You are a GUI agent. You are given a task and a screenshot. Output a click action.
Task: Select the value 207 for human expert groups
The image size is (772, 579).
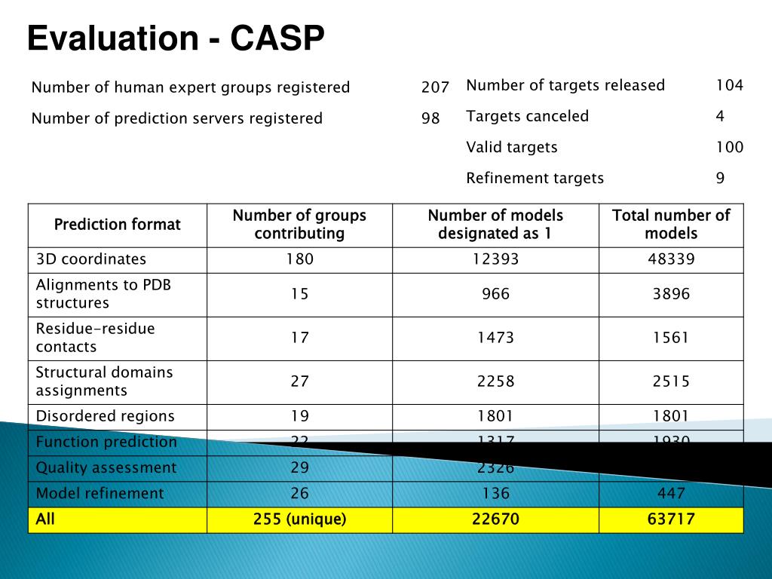click(435, 87)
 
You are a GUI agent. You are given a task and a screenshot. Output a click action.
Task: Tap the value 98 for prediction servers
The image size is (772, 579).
click(430, 118)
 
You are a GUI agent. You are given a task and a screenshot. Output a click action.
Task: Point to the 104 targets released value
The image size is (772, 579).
click(729, 85)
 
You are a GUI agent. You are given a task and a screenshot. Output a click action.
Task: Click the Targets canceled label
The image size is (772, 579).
click(527, 116)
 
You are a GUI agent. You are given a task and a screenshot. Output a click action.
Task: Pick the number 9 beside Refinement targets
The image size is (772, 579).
click(720, 178)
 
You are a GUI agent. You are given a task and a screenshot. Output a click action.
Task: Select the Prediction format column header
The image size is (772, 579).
click(118, 225)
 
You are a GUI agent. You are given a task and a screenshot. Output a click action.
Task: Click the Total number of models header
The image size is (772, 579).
click(671, 225)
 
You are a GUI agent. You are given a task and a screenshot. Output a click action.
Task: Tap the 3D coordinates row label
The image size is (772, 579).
click(91, 259)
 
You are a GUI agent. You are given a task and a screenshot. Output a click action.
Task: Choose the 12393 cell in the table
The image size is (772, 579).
click(495, 259)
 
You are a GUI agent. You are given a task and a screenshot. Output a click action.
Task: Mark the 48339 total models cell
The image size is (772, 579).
click(671, 259)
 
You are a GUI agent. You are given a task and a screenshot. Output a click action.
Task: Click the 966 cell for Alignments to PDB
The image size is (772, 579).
click(495, 294)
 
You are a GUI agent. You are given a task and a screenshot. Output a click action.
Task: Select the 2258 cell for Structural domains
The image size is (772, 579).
click(495, 381)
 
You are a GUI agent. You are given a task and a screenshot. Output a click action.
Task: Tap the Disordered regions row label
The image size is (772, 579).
click(105, 416)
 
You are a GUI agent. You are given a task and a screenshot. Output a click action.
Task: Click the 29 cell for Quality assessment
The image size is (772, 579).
click(299, 467)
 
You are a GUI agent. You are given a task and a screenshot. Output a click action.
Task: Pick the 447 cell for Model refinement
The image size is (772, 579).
click(671, 494)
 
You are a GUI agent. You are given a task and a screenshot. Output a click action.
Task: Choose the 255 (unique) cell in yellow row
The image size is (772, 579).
click(299, 519)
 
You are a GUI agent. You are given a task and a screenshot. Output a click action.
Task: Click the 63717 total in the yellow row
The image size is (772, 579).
click(671, 519)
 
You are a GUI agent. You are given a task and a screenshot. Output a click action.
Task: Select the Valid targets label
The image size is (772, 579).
click(512, 147)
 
